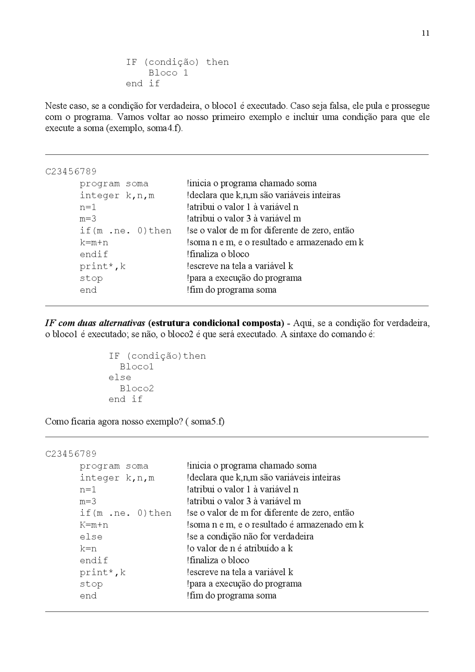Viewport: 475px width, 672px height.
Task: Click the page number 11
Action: [x=425, y=33]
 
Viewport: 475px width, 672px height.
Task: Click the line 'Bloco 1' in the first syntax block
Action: [x=168, y=73]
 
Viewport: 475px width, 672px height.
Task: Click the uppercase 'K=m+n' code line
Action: [x=94, y=525]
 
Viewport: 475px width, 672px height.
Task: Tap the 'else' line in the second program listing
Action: [x=91, y=537]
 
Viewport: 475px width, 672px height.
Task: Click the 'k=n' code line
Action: [x=88, y=548]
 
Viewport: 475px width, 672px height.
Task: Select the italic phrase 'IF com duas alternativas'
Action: [x=95, y=323]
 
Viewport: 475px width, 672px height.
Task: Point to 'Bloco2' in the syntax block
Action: [x=136, y=389]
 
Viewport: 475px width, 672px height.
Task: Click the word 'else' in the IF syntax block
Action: [x=119, y=377]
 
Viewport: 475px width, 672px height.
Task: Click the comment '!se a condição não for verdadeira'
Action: [x=250, y=537]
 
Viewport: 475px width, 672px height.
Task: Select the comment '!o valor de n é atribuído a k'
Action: [x=240, y=548]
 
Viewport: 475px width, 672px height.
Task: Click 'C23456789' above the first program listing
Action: [x=71, y=171]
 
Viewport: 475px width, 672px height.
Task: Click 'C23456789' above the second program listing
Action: [x=71, y=454]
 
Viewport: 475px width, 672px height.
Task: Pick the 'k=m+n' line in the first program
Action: [x=94, y=242]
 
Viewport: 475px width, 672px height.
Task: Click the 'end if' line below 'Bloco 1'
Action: [x=142, y=83]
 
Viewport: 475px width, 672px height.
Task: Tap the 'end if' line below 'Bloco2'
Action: [x=125, y=399]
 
